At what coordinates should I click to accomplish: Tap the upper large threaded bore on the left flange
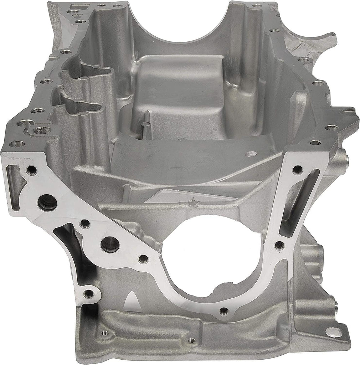tap(47, 202)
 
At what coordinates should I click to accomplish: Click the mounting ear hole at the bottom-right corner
tap(333, 332)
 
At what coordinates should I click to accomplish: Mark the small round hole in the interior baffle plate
tap(251, 154)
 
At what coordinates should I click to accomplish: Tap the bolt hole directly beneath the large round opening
tap(224, 311)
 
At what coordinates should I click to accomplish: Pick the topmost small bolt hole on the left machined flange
tap(31, 170)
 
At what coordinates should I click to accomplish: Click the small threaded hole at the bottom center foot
tap(191, 341)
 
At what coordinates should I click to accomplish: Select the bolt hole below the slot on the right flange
tap(279, 245)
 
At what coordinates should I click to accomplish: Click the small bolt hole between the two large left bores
tap(85, 224)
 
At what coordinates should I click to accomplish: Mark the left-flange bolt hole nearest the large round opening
tap(143, 258)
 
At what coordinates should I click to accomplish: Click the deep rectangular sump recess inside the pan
tap(178, 96)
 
